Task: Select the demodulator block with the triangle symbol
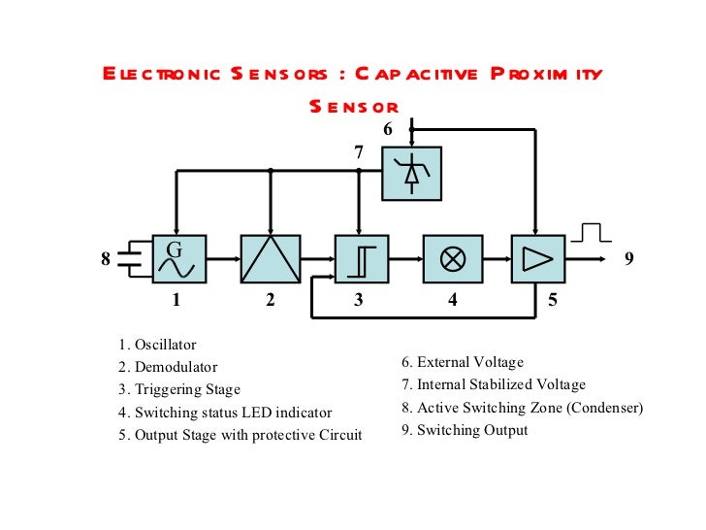271,258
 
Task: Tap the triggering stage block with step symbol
361,258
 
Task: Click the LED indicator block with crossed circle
451,258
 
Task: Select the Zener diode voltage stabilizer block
411,173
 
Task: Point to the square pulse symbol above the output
590,232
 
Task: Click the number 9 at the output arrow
628,259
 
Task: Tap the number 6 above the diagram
388,129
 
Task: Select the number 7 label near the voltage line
358,152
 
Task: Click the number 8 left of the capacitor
106,259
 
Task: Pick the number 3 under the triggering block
358,301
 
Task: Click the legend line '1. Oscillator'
157,345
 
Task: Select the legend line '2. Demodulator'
168,368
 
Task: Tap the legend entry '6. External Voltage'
463,362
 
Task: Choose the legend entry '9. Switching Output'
465,430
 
